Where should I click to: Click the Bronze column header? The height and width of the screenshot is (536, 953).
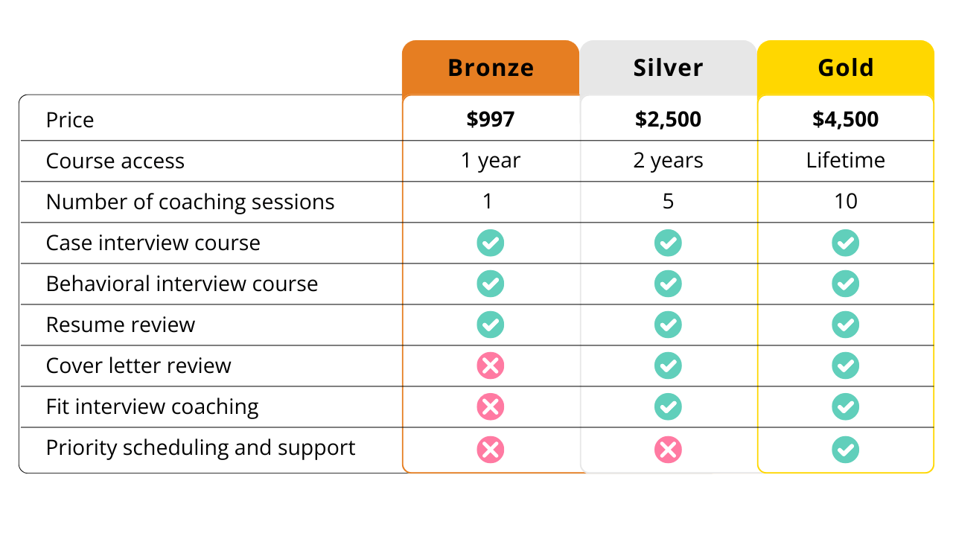[491, 68]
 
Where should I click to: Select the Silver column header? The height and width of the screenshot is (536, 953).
[668, 68]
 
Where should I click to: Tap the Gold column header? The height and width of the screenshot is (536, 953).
[846, 68]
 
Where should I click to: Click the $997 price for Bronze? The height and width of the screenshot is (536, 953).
[491, 119]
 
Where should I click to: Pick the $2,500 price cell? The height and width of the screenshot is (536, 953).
[668, 119]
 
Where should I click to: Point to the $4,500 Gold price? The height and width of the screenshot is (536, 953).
[846, 119]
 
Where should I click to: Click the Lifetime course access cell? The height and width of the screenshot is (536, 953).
[846, 160]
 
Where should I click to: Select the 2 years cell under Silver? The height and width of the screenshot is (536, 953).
[668, 161]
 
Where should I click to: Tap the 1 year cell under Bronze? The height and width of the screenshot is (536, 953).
[491, 161]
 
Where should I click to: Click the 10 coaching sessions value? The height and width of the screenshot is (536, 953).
[846, 201]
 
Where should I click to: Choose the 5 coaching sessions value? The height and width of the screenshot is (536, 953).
[668, 202]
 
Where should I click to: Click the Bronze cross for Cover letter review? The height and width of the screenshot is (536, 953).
[491, 366]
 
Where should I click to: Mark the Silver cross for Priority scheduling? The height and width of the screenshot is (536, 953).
[668, 449]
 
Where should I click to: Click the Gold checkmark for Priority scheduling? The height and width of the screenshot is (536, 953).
[845, 449]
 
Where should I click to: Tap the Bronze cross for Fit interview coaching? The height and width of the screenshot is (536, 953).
[491, 406]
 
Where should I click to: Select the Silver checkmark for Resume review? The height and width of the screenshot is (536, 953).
[668, 325]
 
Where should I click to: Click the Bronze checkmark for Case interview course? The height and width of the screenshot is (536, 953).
[491, 243]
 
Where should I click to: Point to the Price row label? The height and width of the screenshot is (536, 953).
[70, 120]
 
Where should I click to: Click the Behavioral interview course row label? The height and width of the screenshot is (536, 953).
[182, 284]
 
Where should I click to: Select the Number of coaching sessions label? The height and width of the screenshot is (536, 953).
[190, 202]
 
